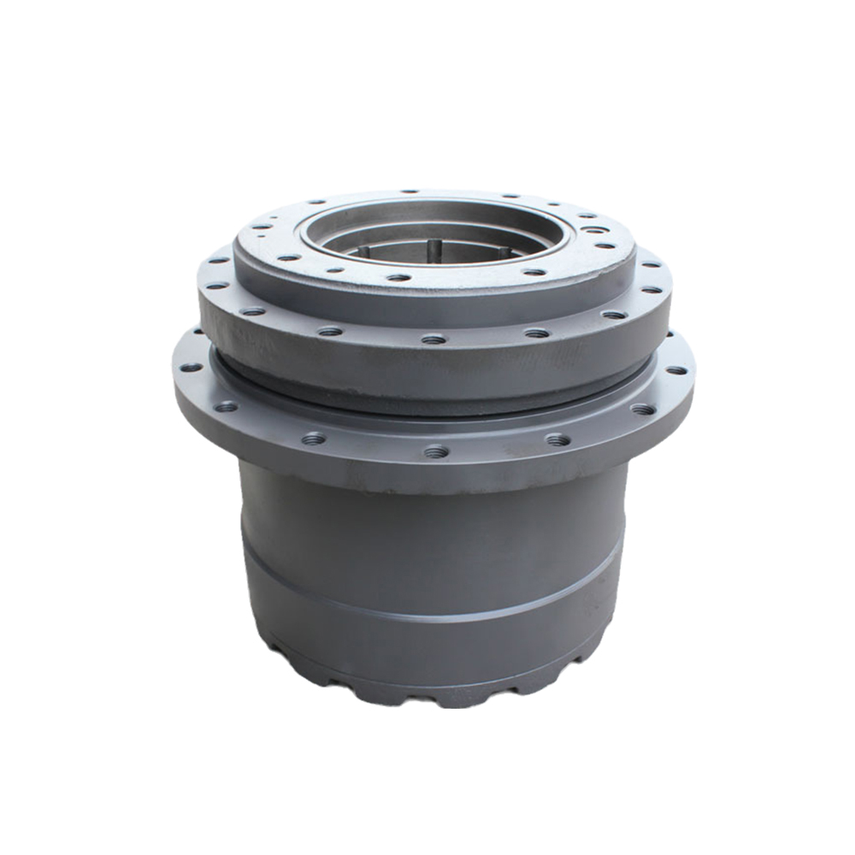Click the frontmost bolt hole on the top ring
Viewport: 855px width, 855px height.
tap(397, 277)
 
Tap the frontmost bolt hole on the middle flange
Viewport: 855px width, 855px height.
tap(433, 339)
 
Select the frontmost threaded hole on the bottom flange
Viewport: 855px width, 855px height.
tap(436, 451)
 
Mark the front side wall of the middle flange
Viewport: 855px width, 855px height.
tap(427, 368)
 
